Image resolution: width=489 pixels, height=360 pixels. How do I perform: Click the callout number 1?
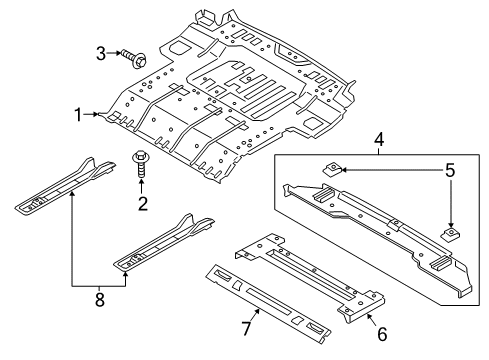[76, 115]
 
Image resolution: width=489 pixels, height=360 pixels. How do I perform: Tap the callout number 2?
[142, 204]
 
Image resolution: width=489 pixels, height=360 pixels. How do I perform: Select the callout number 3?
[99, 52]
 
